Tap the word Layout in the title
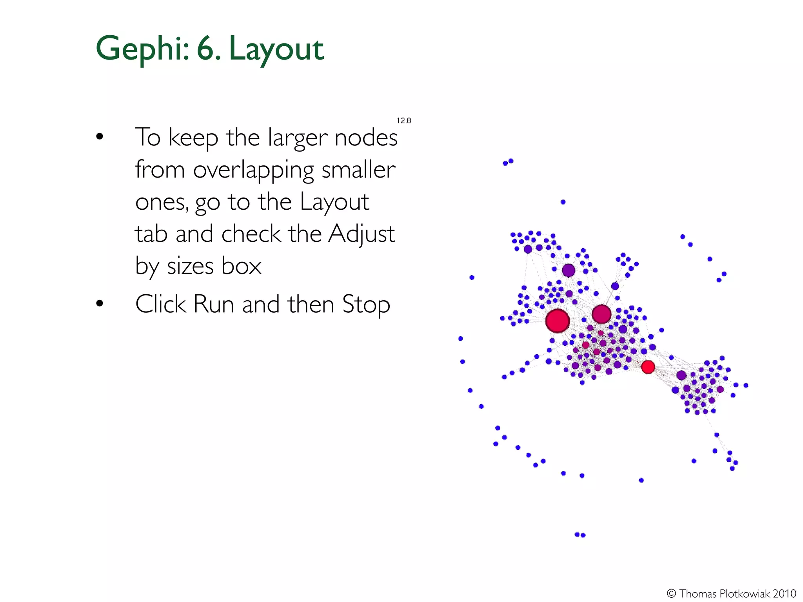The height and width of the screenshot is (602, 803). [x=276, y=49]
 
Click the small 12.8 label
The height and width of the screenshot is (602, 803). [x=404, y=121]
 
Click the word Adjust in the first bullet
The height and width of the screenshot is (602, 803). [x=361, y=234]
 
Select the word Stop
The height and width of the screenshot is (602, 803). [x=366, y=304]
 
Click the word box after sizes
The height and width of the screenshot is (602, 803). [x=241, y=266]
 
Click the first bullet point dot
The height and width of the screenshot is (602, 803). [x=100, y=137]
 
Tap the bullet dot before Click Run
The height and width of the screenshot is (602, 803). [x=100, y=303]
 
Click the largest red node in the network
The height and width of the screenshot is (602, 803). [x=557, y=321]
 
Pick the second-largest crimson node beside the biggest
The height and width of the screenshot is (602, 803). [x=601, y=314]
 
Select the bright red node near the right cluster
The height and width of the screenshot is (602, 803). [x=648, y=367]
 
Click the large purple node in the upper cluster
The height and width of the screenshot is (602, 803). [x=568, y=270]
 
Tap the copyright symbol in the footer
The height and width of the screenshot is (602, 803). [x=671, y=593]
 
